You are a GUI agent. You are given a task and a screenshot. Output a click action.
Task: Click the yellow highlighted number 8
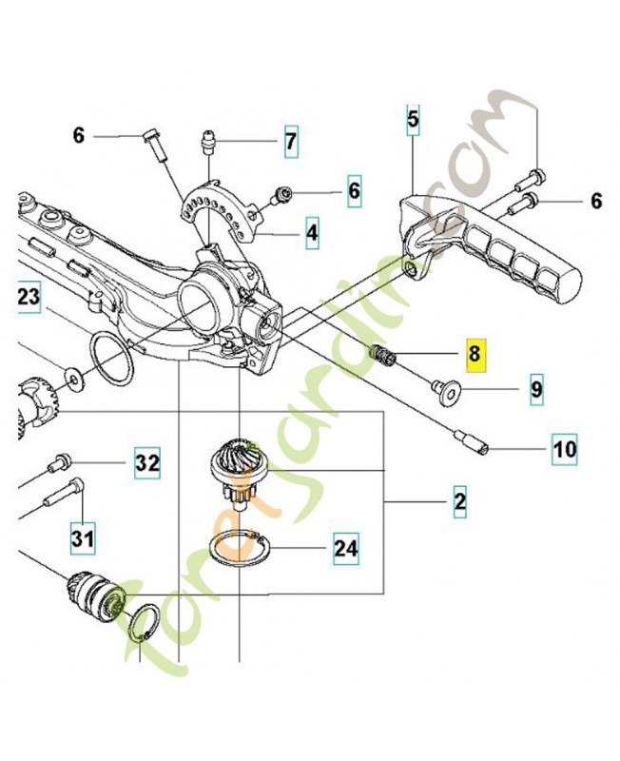[475, 354]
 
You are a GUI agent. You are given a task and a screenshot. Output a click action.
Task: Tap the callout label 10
[565, 447]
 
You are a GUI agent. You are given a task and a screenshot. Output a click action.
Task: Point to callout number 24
[346, 548]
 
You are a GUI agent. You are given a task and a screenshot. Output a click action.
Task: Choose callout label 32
[146, 463]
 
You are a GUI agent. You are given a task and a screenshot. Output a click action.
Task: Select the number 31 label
[83, 539]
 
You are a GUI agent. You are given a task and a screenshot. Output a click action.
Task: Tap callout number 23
[29, 298]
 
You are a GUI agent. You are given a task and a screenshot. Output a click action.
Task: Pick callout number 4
[312, 230]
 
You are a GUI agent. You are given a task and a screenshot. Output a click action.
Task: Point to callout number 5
[413, 120]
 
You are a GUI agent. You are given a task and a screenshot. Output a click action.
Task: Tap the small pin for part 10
[473, 440]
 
